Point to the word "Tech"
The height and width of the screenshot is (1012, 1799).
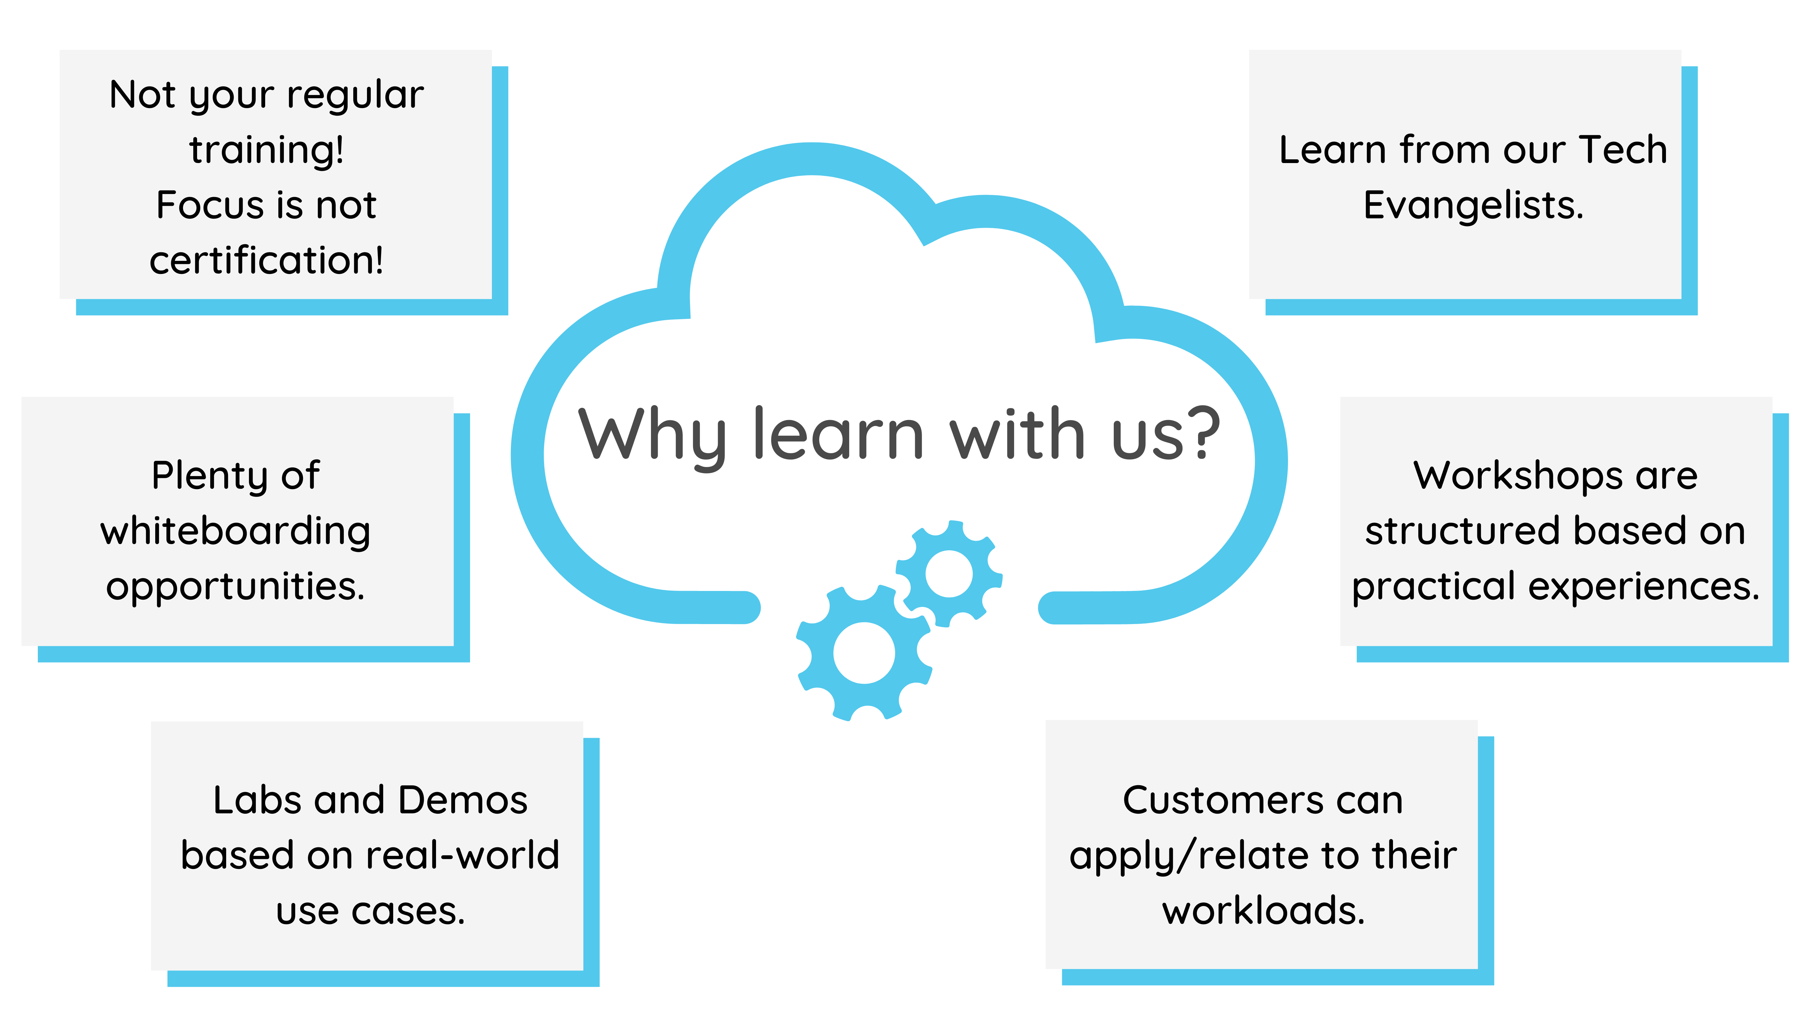pos(1624,150)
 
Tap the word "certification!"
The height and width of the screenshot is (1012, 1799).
pos(266,260)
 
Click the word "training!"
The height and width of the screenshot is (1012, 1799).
pos(266,150)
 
